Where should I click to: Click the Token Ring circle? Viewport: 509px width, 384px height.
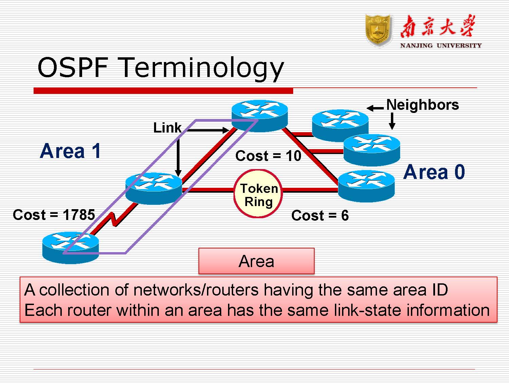pyautogui.click(x=258, y=194)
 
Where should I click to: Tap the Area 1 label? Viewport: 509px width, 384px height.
pyautogui.click(x=71, y=151)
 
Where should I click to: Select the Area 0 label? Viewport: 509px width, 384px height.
pyautogui.click(x=434, y=172)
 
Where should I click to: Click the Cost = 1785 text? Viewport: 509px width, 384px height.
pyautogui.click(x=54, y=215)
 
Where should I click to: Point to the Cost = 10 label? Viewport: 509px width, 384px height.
pyautogui.click(x=268, y=156)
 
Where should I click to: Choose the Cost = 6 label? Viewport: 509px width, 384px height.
pyautogui.click(x=320, y=216)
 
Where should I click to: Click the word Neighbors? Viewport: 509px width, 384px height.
pyautogui.click(x=422, y=105)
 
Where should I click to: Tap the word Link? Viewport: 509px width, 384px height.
pyautogui.click(x=167, y=128)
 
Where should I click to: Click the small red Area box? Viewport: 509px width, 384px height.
pyautogui.click(x=256, y=261)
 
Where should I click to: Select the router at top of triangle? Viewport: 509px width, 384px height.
pyautogui.click(x=260, y=115)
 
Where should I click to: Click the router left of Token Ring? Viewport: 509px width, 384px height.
pyautogui.click(x=153, y=188)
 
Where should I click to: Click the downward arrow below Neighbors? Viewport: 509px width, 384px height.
pyautogui.click(x=392, y=121)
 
